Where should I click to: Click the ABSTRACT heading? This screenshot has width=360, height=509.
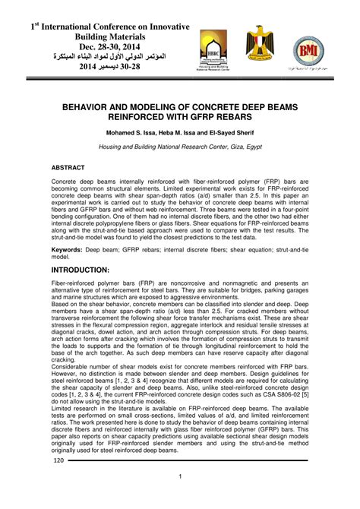pos(68,166)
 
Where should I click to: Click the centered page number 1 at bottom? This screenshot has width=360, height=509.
pos(180,476)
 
